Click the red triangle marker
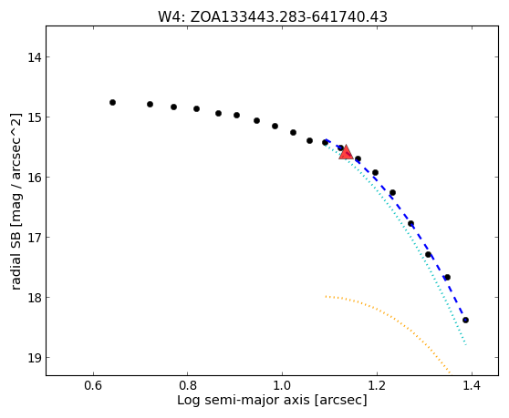346,152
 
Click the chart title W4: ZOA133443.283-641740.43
273,17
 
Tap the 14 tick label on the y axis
35,57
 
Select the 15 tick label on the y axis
35,117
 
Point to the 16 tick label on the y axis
35,178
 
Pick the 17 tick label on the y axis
35,238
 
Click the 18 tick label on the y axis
35,298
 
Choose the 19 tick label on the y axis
35,358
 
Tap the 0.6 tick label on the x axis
93,386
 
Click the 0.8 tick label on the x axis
188,386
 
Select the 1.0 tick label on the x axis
283,386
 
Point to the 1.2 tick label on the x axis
377,386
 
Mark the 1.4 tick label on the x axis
472,386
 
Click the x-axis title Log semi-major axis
244,401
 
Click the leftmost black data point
112,102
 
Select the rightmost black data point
466,321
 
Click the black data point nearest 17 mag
411,224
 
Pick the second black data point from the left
150,105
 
